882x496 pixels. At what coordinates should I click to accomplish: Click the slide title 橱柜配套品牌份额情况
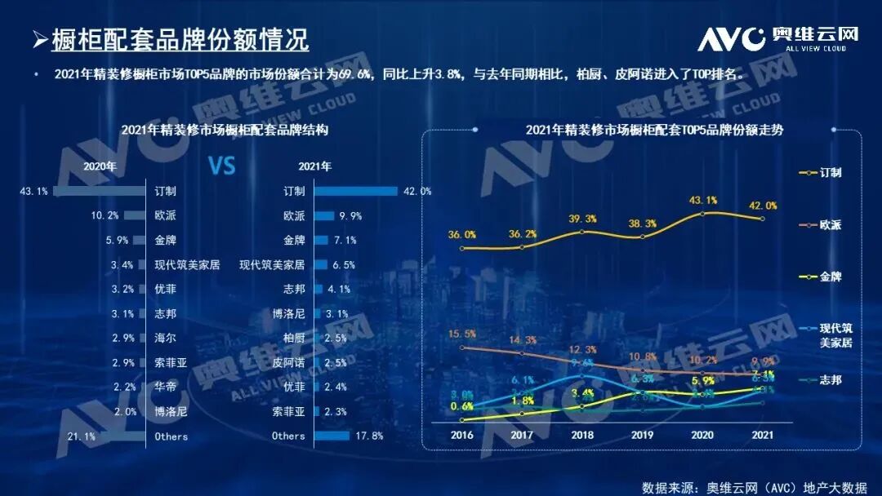[180, 39]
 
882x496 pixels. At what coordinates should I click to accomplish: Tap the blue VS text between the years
[221, 166]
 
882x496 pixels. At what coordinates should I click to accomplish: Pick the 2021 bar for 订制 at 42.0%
[355, 192]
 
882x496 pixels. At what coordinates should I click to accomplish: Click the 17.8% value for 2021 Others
[370, 436]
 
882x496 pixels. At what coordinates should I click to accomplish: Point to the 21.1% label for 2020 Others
[81, 436]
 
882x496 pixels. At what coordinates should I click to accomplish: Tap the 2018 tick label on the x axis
[582, 436]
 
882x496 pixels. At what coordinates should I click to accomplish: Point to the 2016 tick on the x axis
[462, 436]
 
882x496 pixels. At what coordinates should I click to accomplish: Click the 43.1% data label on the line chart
[703, 200]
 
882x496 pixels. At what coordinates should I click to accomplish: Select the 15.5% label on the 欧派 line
[462, 334]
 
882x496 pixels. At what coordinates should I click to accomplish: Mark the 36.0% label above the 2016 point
[462, 235]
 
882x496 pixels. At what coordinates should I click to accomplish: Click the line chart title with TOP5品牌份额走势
[643, 130]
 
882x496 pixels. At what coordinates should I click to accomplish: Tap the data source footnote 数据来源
[754, 487]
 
